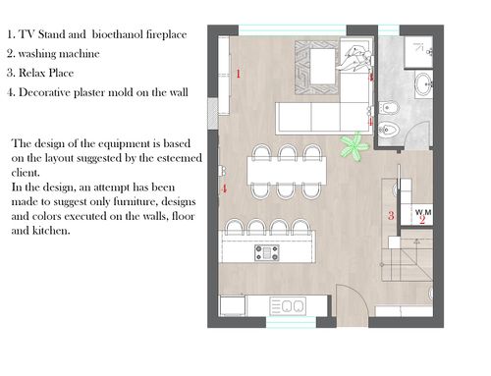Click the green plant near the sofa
point(355,146)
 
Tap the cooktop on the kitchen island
point(267,253)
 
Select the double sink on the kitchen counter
point(288,306)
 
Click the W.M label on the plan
point(423,212)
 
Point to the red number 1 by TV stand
point(239,74)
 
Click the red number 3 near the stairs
point(391,215)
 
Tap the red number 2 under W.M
point(422,220)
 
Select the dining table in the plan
point(287,171)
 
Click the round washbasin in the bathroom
point(424,84)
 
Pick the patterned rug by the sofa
point(316,68)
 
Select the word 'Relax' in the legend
point(31,73)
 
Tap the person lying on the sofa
point(355,58)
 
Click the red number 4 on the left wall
point(224,188)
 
